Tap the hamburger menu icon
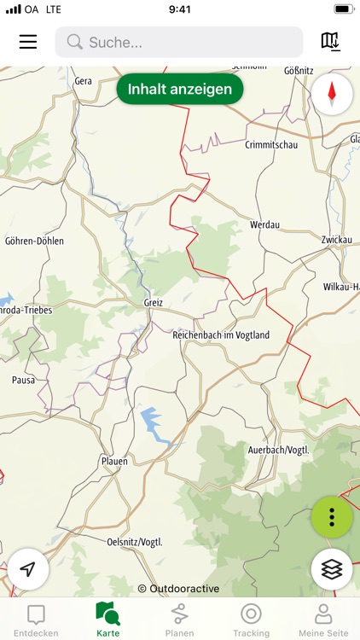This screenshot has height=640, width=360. (28, 42)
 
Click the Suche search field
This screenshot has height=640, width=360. (179, 42)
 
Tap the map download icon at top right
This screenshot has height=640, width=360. (330, 41)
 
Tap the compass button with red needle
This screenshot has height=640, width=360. (332, 94)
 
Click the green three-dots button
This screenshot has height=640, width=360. (332, 518)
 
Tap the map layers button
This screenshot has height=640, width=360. (332, 568)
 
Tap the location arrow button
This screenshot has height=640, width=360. (29, 568)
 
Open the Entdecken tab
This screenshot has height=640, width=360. (36, 620)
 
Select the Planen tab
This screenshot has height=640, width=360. (179, 620)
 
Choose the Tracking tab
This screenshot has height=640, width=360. (251, 620)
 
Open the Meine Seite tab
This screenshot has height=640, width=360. (323, 620)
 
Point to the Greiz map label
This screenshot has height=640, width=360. (154, 302)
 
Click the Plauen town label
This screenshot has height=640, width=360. (114, 461)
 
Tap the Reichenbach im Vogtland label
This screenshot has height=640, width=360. (221, 335)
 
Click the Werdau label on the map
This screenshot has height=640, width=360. (264, 224)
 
